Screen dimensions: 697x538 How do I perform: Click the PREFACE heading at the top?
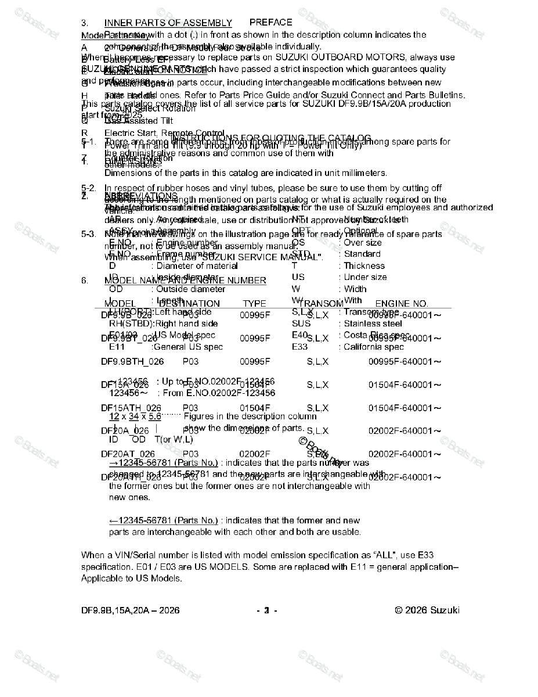click(x=270, y=22)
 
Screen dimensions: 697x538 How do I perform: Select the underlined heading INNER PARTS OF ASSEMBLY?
click(x=168, y=23)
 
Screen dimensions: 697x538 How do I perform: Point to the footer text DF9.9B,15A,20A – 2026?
click(x=130, y=610)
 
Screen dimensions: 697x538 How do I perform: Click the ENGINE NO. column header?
click(x=401, y=303)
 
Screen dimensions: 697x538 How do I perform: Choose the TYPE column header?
click(x=254, y=303)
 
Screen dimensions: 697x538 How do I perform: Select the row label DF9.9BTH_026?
click(x=132, y=361)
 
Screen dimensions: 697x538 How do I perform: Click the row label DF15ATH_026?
click(x=131, y=408)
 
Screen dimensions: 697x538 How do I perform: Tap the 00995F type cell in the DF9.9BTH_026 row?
click(x=255, y=361)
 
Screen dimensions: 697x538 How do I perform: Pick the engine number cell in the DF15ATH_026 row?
click(x=405, y=408)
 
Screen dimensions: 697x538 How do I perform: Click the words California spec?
click(x=374, y=347)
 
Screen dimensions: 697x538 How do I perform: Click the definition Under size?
click(x=363, y=277)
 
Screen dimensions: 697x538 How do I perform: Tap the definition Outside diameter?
click(x=190, y=289)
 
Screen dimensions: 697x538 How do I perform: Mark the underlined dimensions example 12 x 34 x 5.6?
click(x=135, y=416)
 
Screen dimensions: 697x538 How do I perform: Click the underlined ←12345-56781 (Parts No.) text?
click(x=164, y=520)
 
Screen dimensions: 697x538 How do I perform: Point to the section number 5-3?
click(x=88, y=234)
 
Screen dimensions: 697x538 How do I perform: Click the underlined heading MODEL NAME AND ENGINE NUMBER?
click(x=185, y=281)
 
